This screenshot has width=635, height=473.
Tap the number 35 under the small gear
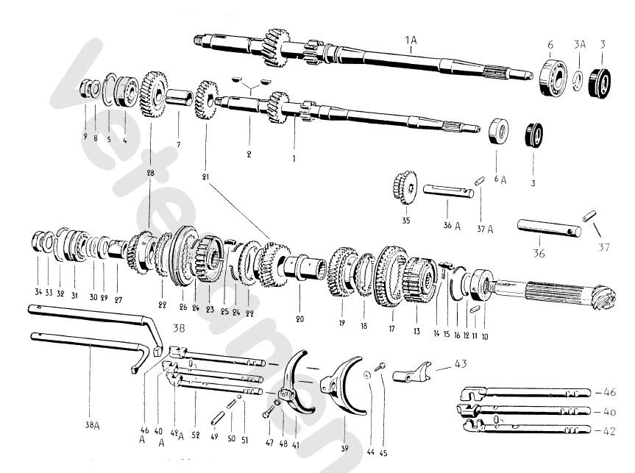click(x=405, y=218)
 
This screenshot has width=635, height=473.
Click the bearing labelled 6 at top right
click(x=551, y=74)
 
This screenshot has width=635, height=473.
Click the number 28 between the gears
click(x=151, y=172)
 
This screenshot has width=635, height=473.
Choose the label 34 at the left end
click(x=37, y=292)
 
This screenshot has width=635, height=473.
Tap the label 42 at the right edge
click(x=610, y=431)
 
